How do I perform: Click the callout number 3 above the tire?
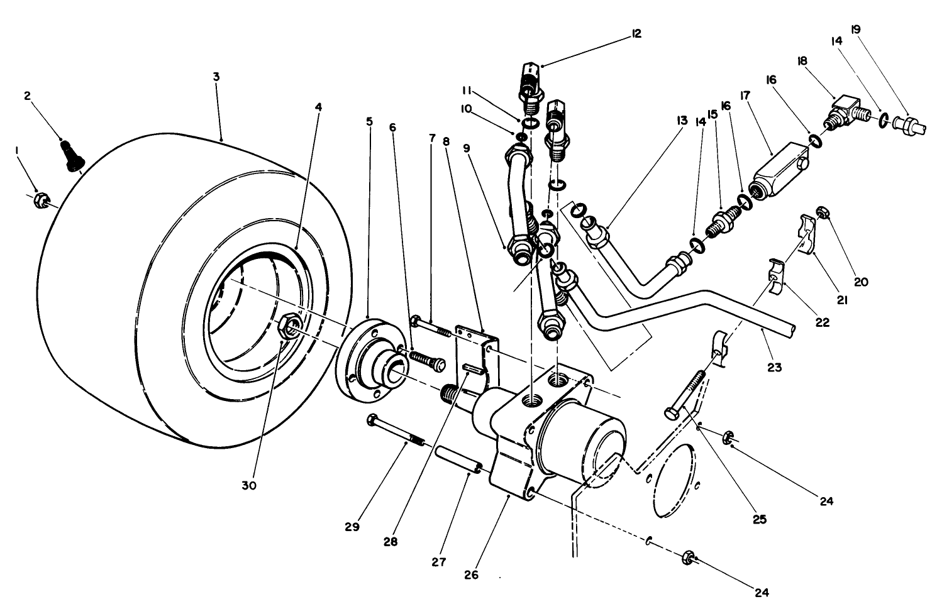pyautogui.click(x=216, y=77)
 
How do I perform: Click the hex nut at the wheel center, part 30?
pyautogui.click(x=289, y=327)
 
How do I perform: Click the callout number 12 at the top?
pyautogui.click(x=636, y=33)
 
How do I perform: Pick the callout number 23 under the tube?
pyautogui.click(x=775, y=367)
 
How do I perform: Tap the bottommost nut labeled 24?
pyautogui.click(x=688, y=557)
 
